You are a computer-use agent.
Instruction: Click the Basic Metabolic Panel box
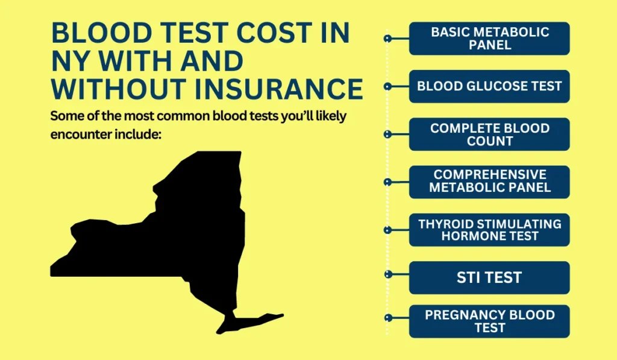click(489, 39)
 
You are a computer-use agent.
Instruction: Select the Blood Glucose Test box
click(489, 86)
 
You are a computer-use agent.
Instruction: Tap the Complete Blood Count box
click(489, 134)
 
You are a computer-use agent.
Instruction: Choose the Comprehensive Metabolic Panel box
click(489, 182)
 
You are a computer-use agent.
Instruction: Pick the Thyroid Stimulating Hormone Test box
click(489, 230)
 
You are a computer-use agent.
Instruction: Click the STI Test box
click(489, 277)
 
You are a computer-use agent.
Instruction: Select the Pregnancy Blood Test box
click(489, 321)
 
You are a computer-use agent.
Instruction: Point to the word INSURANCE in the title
click(279, 89)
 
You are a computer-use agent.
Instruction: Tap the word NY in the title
click(71, 61)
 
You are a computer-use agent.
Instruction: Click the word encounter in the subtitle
click(81, 134)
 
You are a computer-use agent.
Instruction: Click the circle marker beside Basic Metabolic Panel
click(387, 39)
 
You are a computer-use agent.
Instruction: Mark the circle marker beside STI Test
click(388, 274)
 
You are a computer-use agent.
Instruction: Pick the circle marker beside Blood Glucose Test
click(387, 86)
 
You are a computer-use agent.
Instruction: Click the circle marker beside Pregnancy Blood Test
click(388, 317)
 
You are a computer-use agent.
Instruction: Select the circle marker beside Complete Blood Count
click(387, 134)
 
